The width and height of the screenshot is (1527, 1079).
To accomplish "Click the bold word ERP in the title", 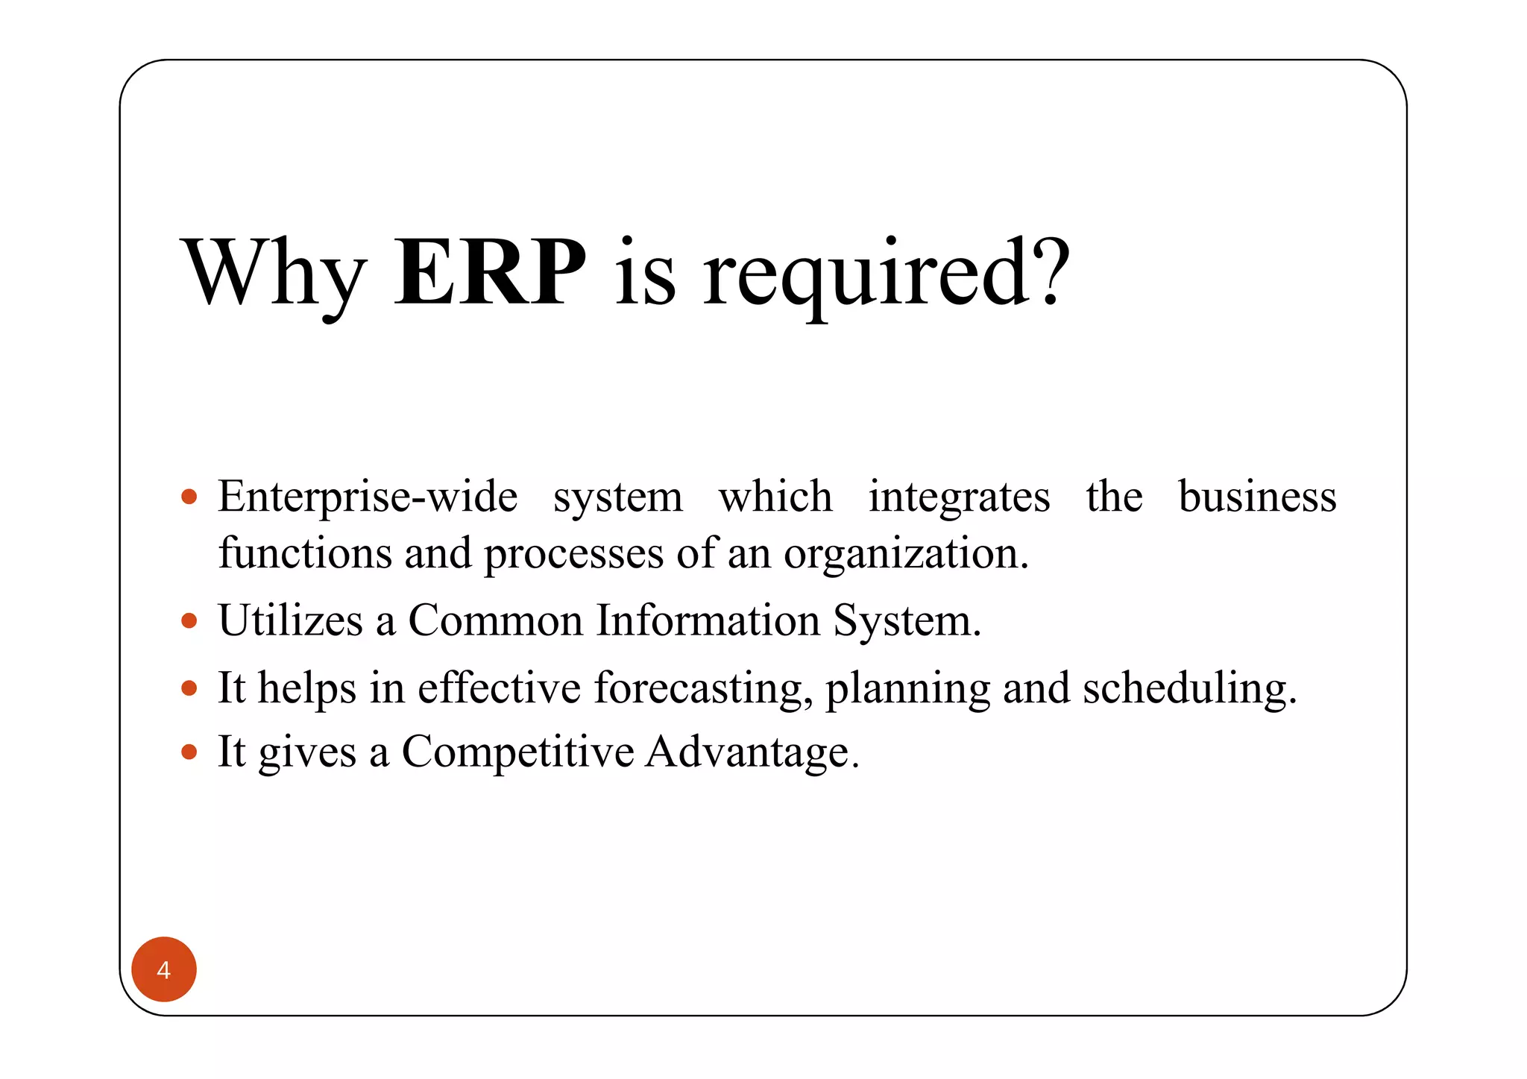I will (x=489, y=273).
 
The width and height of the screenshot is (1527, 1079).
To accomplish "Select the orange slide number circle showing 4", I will (x=164, y=969).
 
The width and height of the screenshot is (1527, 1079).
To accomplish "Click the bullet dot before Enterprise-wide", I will (x=189, y=497).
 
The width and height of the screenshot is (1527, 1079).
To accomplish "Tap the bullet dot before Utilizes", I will (x=189, y=620).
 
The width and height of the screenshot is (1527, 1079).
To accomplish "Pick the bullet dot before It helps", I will (x=189, y=688).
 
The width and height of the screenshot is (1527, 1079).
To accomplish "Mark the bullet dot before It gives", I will (x=189, y=752).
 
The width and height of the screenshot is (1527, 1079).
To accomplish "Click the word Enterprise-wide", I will (x=368, y=497).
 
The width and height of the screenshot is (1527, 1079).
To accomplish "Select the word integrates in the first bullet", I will (x=959, y=497).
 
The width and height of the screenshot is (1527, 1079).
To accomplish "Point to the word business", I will (x=1257, y=497).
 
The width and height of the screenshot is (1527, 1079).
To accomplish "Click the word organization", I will (x=905, y=555).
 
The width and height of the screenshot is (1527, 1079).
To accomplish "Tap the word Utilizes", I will (x=290, y=620).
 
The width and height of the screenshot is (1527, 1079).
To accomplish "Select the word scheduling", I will (x=1189, y=688).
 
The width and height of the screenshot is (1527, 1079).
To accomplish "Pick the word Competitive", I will (x=517, y=752).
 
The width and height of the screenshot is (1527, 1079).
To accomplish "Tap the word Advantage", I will (x=752, y=752).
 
